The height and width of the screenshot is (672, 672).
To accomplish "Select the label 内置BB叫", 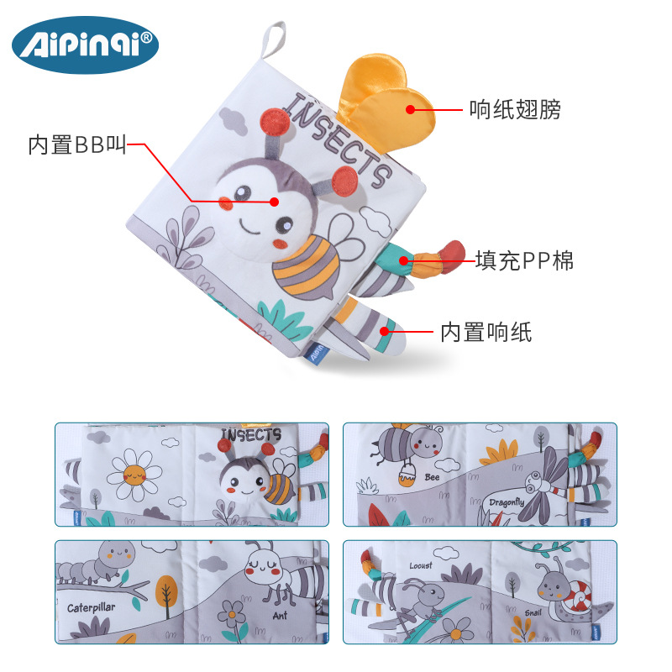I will point(77,145).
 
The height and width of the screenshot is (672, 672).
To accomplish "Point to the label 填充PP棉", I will point(524,261).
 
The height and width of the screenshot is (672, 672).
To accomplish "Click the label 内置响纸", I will point(486,333).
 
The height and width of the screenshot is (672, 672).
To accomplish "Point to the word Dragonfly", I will point(507,502).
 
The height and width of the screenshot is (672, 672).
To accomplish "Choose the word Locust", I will point(421,564).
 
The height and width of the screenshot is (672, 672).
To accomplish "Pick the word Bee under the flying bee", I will point(432,477).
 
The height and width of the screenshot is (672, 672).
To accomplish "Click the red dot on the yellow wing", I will point(411,108).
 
